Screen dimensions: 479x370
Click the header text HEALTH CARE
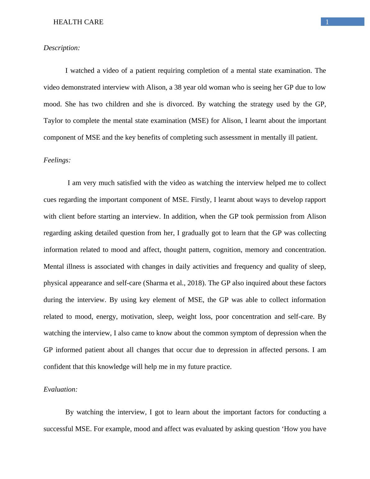(x=78, y=22)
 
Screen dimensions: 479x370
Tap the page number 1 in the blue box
(x=327, y=22)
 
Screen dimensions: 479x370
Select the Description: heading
(x=62, y=48)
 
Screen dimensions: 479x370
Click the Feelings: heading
(x=57, y=160)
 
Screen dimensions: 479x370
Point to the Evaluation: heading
(x=61, y=389)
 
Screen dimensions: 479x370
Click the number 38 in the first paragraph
(x=178, y=87)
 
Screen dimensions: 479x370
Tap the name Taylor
(x=53, y=121)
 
